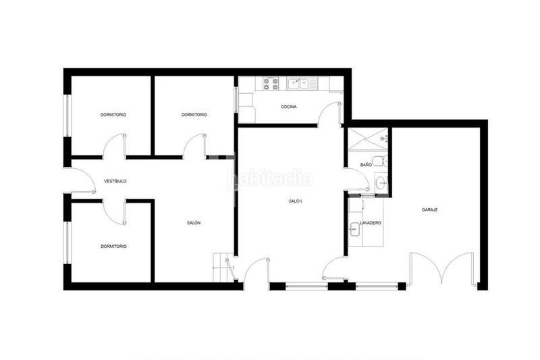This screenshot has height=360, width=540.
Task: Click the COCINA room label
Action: pos(289,107)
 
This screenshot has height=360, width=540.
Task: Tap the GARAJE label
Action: pos(430,209)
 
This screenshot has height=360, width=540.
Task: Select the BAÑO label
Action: pos(366,165)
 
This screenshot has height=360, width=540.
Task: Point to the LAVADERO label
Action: pos(371,223)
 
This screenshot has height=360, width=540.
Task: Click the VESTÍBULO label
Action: pos(115,181)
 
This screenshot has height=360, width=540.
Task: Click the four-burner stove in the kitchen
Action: pos(271,84)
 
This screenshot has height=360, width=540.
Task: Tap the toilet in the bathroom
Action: pos(381,161)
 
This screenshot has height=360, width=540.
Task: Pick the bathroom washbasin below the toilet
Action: pos(381,182)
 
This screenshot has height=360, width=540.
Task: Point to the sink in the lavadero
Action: pos(354,230)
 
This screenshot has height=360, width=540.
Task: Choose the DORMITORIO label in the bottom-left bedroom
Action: pos(113,247)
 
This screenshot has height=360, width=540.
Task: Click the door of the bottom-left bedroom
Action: pos(116,211)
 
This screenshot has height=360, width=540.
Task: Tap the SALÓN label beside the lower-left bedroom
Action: pos(194,223)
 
